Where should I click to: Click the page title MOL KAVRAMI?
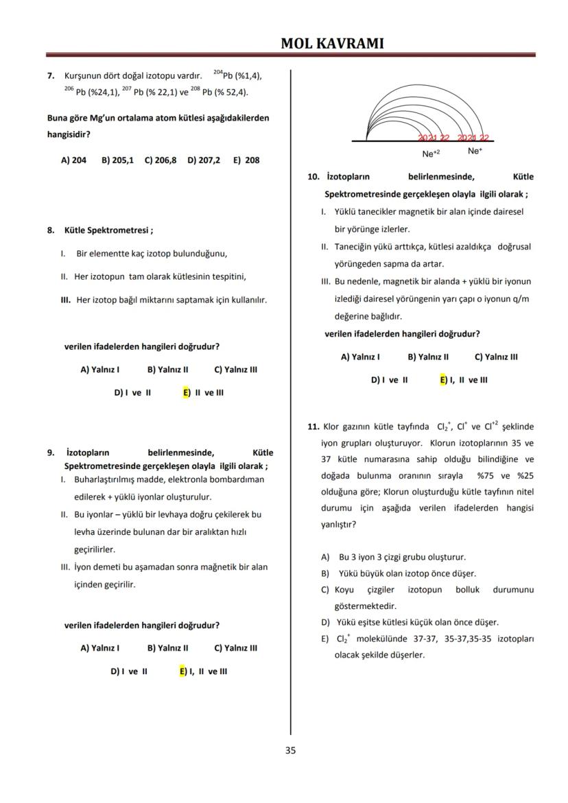[x=332, y=43]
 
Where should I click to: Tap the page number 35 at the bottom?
[x=290, y=750]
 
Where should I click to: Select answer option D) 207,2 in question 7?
[x=204, y=160]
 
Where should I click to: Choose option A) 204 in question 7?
[x=73, y=160]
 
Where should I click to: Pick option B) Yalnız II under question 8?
[x=167, y=370]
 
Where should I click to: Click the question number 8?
[x=51, y=230]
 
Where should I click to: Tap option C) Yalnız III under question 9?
[x=235, y=648]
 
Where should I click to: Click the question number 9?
[x=51, y=453]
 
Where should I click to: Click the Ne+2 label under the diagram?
[x=431, y=154]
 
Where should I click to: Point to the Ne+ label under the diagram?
[x=475, y=151]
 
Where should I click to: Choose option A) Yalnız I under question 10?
[x=360, y=357]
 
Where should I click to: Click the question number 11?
[x=313, y=427]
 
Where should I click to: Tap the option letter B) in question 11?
[x=325, y=573]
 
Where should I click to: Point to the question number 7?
[x=51, y=75]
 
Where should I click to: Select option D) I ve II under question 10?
[x=389, y=380]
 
